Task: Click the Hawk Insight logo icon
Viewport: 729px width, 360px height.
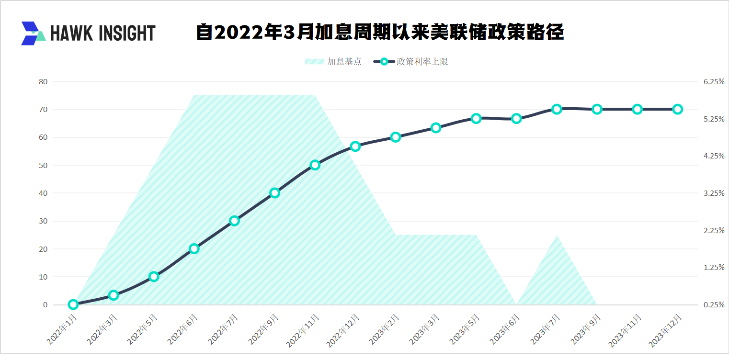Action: point(33,33)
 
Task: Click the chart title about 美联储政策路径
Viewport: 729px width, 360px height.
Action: point(380,33)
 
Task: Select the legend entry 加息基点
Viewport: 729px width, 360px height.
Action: point(333,61)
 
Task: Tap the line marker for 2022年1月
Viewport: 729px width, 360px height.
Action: point(73,304)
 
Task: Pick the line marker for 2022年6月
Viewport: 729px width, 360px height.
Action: point(194,248)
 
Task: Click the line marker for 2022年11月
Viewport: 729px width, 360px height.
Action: point(315,165)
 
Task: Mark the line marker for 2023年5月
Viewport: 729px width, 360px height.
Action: point(476,118)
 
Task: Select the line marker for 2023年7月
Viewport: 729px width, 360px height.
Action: point(557,109)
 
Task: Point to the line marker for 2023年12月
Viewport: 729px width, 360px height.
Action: point(677,109)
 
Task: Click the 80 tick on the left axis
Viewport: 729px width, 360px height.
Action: point(43,82)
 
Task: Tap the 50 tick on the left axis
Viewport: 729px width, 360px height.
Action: point(43,165)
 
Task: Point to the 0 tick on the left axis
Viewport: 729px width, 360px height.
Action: point(45,304)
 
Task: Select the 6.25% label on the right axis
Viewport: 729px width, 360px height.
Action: point(714,82)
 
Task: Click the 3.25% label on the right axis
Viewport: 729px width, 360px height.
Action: point(714,193)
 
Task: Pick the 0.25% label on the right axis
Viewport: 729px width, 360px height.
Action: point(714,304)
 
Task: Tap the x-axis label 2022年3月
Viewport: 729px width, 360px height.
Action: point(103,329)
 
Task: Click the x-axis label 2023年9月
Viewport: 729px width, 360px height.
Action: point(585,330)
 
